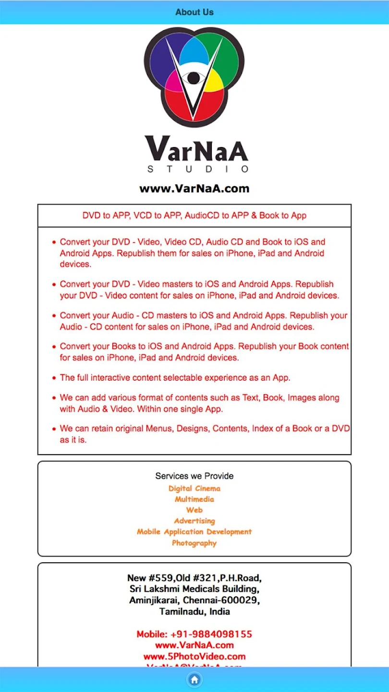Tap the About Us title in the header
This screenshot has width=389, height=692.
194,12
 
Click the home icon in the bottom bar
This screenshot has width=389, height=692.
194,680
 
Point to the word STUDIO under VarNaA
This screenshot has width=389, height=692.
197,169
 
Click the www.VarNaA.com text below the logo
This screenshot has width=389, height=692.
194,188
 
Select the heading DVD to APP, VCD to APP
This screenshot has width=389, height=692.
194,216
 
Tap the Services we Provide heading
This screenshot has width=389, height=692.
194,476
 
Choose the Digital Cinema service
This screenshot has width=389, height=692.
194,488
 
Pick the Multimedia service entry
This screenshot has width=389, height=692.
194,499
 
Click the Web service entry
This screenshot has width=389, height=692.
194,510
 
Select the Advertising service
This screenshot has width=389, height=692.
194,521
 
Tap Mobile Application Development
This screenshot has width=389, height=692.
194,532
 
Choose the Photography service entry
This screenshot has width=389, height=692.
194,543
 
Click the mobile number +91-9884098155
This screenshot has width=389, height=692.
194,634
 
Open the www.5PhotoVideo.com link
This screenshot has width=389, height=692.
194,656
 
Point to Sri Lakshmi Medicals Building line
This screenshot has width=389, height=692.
194,589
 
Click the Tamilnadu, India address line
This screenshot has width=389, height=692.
194,612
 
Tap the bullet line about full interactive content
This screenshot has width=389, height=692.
175,378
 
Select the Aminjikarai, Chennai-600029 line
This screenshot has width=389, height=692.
194,600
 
